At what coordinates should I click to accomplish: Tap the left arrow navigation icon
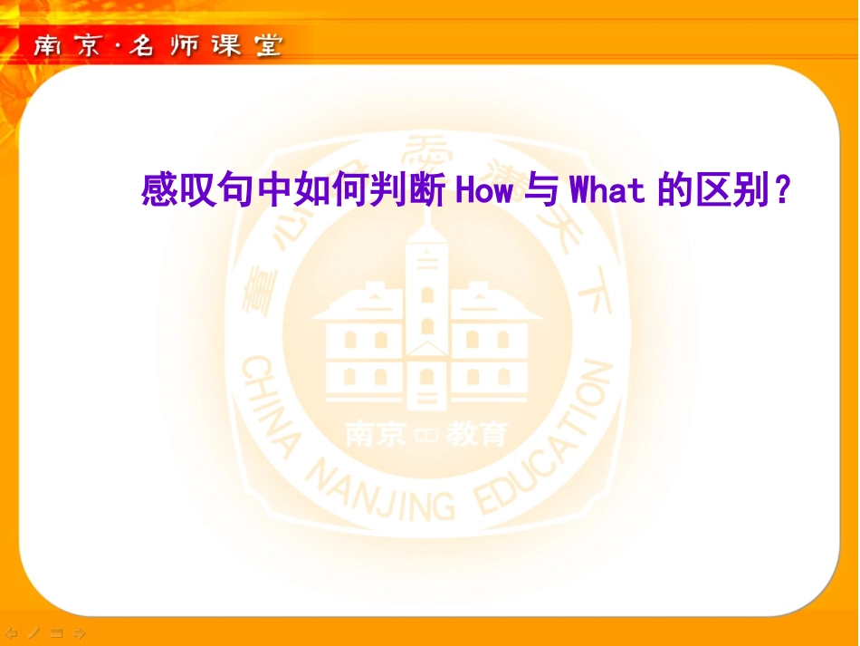(12, 632)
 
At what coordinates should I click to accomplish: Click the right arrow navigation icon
(80, 632)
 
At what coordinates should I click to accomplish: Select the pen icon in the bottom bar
(34, 632)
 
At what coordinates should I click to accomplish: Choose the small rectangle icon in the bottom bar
(57, 632)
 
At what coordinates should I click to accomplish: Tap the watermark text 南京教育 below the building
(426, 436)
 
